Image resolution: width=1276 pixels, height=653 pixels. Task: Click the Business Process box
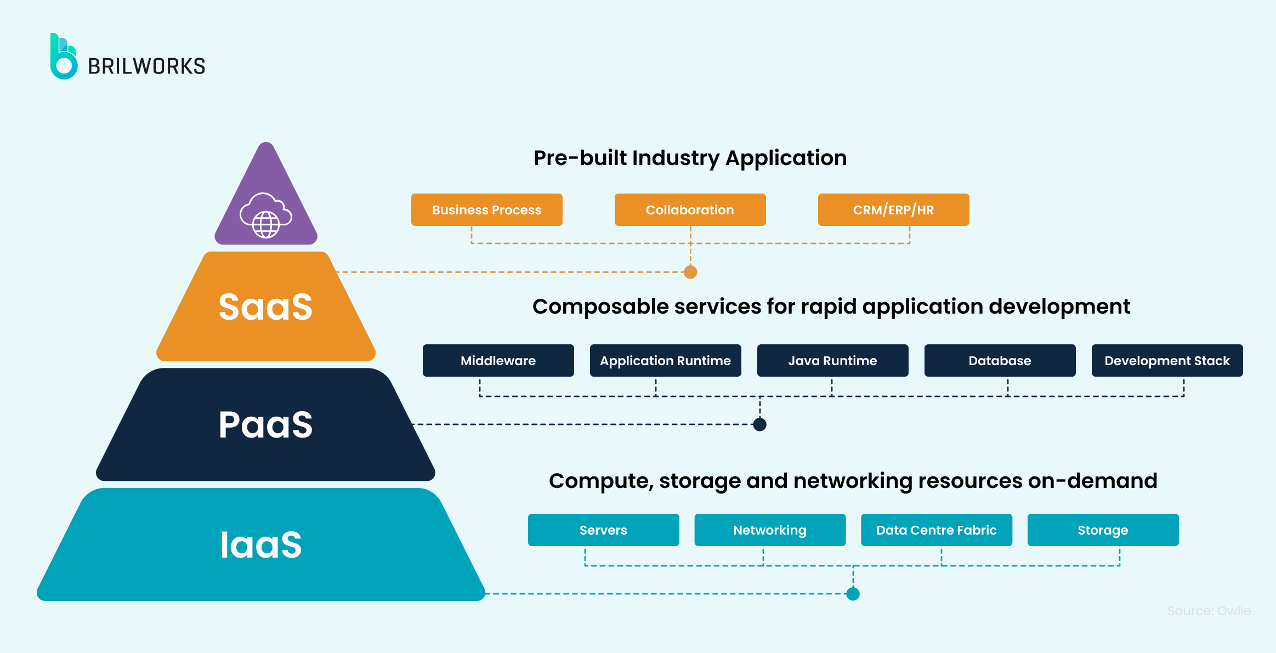click(486, 210)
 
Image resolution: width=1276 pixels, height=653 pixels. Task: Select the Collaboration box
click(690, 210)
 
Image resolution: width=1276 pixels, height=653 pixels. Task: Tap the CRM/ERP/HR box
click(893, 210)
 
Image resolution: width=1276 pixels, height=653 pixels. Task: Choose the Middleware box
click(498, 361)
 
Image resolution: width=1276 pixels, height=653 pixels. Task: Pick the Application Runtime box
click(665, 361)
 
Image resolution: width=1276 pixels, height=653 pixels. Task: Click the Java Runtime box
click(832, 361)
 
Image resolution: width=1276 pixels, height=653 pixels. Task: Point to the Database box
click(1000, 361)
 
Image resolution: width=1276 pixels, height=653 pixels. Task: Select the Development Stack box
click(1167, 361)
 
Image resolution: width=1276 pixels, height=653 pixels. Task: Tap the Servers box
click(603, 530)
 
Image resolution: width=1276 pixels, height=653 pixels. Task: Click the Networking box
click(770, 530)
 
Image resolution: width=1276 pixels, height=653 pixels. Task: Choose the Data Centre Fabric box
click(936, 530)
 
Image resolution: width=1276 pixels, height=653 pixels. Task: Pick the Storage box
click(1103, 530)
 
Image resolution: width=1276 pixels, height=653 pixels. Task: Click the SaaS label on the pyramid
click(265, 306)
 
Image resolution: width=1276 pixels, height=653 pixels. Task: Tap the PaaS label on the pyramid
click(265, 424)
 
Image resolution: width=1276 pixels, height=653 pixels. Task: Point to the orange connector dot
click(690, 272)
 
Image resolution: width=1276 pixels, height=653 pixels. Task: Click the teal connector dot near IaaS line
click(853, 594)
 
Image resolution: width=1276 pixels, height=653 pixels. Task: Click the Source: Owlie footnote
click(1209, 611)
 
